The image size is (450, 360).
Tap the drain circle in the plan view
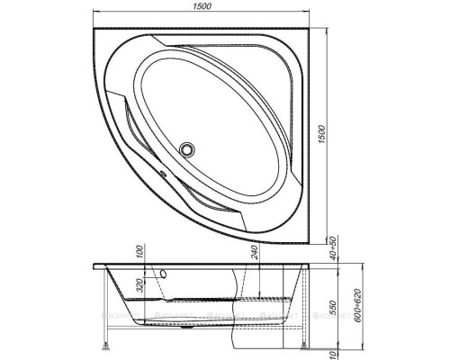(189, 149)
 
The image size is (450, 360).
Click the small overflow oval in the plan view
(163, 175)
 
